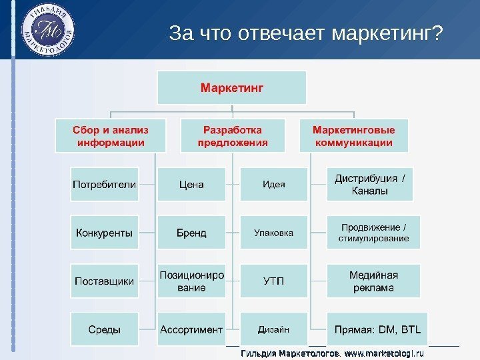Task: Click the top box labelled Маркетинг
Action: point(231,87)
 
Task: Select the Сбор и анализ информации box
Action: point(111,135)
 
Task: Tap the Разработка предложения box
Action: point(232,135)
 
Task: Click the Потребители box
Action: point(105,184)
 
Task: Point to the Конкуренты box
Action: point(105,233)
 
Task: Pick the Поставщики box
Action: point(105,281)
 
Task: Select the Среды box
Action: point(105,329)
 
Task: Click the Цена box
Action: point(191,184)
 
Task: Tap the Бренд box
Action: point(191,233)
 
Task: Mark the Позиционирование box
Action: point(191,281)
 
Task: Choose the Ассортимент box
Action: point(191,329)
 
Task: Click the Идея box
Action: point(273,184)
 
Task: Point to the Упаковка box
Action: point(273,233)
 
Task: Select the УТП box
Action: point(273,281)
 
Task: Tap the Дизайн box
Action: point(273,329)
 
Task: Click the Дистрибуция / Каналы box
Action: point(373,184)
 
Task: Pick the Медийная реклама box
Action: point(373,281)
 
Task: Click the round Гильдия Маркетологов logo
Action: point(48,31)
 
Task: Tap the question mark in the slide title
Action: point(437,33)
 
